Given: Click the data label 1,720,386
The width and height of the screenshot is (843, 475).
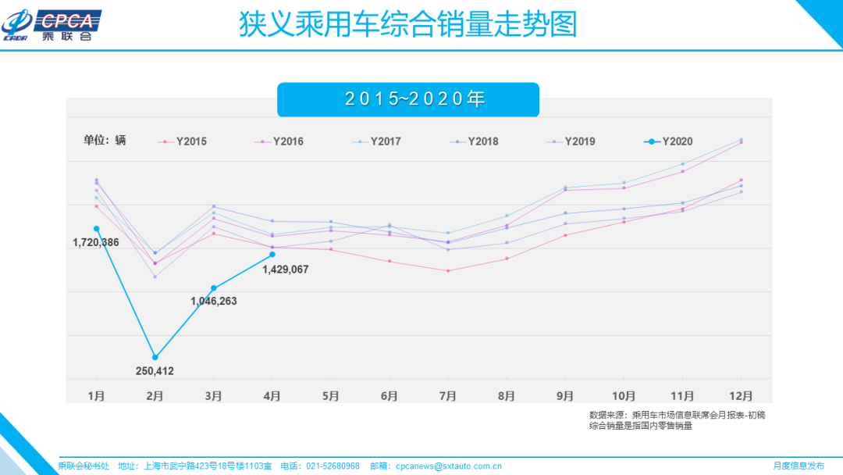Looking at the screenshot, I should tap(96, 243).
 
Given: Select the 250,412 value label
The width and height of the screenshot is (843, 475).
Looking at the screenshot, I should tap(155, 371).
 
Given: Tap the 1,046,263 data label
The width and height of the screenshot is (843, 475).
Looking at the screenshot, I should tap(213, 301).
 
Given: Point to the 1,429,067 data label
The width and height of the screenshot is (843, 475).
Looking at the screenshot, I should tap(286, 270).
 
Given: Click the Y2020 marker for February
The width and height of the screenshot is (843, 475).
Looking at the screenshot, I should tap(155, 357).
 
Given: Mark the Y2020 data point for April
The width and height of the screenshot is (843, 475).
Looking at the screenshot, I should tap(272, 254).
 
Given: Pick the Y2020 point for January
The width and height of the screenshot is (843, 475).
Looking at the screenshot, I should tap(96, 228).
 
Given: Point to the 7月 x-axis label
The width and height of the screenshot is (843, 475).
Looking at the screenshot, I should tap(447, 396).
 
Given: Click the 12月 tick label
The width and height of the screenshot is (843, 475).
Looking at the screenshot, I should tap(740, 396).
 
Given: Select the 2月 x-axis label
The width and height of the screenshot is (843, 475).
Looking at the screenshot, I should tap(155, 396).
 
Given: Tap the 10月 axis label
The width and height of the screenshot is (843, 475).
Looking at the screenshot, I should tap(623, 396).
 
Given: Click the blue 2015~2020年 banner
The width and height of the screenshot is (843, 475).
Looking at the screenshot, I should tap(408, 99).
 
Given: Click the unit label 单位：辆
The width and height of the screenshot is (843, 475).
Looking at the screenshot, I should tap(105, 141).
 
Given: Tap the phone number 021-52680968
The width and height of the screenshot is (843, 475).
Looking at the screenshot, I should tap(333, 466).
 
